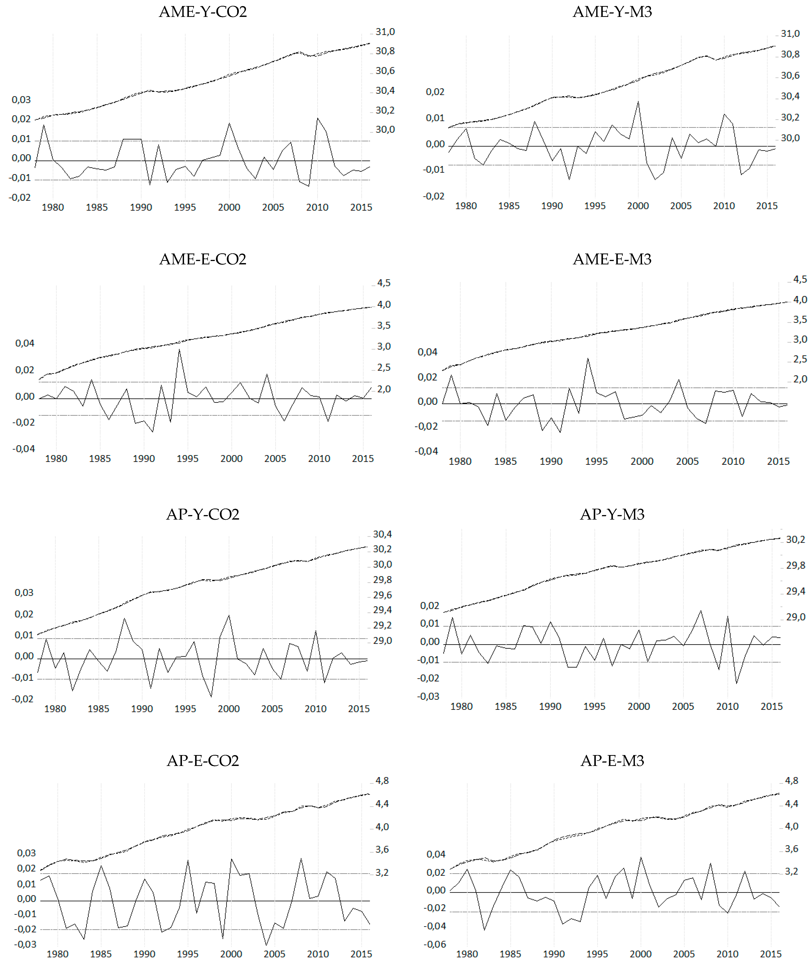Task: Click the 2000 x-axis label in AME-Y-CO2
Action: (x=229, y=207)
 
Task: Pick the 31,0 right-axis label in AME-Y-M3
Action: (x=790, y=34)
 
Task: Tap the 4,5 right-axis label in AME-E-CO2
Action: (x=384, y=283)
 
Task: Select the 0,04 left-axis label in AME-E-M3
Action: (x=427, y=352)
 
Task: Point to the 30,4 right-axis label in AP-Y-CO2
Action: (x=382, y=534)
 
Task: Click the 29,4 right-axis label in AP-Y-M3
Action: (x=795, y=591)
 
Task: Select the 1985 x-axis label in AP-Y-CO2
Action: (x=98, y=709)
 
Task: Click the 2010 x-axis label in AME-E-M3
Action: (x=733, y=461)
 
